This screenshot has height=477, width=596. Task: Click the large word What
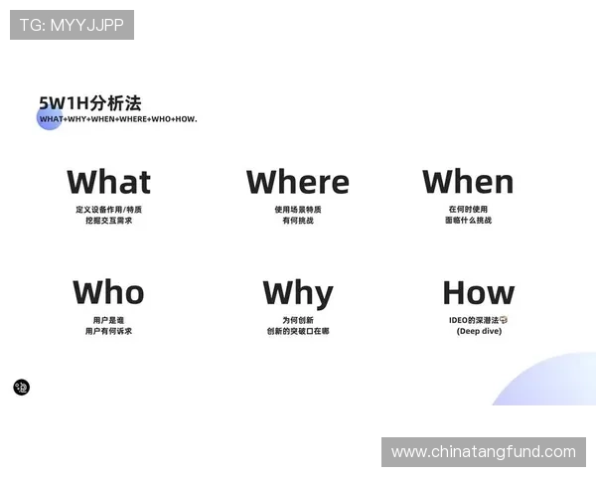click(109, 183)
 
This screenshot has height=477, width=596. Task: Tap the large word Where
click(298, 183)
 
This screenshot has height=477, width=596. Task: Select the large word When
click(468, 182)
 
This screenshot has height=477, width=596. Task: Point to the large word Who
click(108, 293)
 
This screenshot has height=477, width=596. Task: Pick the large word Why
click(298, 294)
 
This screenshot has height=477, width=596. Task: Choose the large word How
click(479, 293)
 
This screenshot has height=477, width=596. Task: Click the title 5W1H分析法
click(89, 102)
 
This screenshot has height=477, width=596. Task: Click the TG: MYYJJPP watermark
click(72, 24)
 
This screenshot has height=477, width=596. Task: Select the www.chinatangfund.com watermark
click(484, 452)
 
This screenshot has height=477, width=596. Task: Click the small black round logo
click(22, 387)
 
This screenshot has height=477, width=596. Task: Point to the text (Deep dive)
click(479, 331)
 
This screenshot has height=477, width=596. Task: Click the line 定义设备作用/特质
click(108, 210)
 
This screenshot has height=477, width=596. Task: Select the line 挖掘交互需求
click(108, 221)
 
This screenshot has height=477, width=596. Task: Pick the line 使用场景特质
click(298, 210)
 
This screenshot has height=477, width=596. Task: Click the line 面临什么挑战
click(468, 221)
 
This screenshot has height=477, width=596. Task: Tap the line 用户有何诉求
click(108, 331)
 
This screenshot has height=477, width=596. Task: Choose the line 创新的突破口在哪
click(298, 331)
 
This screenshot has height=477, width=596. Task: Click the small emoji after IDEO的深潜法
click(505, 320)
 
